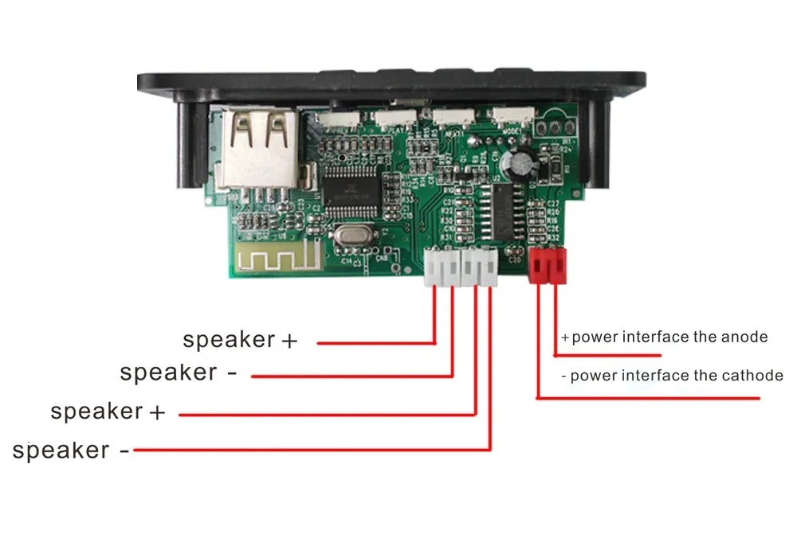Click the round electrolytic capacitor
[x=523, y=162]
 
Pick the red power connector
[x=548, y=264]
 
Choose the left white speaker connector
[x=442, y=267]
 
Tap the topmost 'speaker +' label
[x=240, y=340]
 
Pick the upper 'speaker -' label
[x=179, y=373]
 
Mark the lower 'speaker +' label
[x=108, y=412]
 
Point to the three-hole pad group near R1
[x=555, y=127]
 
